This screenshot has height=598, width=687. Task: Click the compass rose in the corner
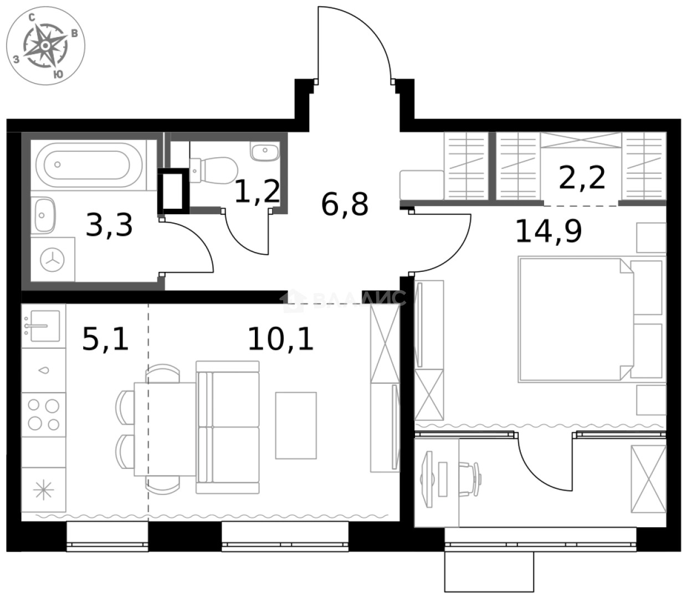click(x=46, y=48)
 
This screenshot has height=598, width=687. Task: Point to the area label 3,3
click(x=109, y=225)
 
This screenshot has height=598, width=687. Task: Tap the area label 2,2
click(x=582, y=178)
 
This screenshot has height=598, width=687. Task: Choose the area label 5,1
click(x=105, y=338)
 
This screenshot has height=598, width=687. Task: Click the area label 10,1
click(x=280, y=338)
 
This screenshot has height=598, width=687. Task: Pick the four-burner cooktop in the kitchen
click(x=44, y=414)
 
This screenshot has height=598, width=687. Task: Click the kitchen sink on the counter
click(x=43, y=324)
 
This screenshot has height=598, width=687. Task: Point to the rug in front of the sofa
click(x=296, y=425)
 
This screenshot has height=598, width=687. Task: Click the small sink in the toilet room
click(x=265, y=151)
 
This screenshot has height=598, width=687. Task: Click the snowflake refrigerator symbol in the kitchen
click(x=43, y=490)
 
